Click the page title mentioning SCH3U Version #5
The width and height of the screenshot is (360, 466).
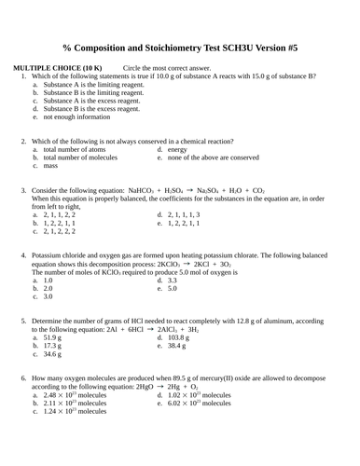(x=181, y=47)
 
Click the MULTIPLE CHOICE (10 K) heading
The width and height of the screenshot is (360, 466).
(x=58, y=69)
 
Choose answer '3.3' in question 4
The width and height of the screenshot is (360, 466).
(x=173, y=280)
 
